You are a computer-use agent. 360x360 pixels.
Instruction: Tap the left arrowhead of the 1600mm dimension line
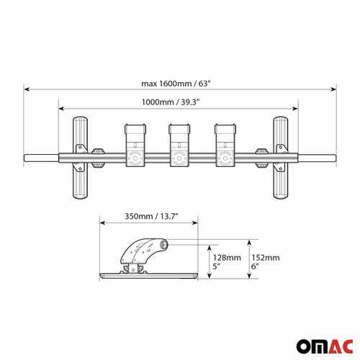point(27,89)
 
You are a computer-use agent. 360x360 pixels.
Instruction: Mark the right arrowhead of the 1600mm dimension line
point(334,89)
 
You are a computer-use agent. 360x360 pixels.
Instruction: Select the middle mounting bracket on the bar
point(179,148)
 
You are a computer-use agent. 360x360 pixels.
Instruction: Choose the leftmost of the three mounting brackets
point(134,148)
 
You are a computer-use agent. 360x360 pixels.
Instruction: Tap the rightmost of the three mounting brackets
point(225,148)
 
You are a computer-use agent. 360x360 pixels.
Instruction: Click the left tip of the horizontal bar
point(27,158)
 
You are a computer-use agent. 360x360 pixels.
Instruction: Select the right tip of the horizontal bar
point(334,158)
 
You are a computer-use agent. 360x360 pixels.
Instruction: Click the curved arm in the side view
point(148,251)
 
